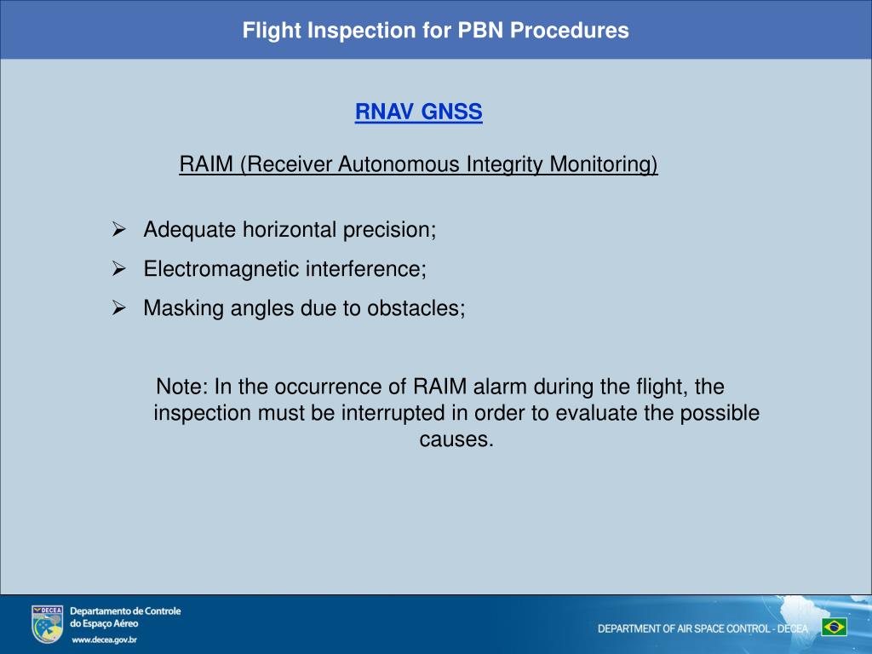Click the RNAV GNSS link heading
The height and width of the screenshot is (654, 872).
[x=418, y=112]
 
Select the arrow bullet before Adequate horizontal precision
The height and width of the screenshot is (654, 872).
[x=119, y=230]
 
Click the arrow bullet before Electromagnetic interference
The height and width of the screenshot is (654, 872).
[x=119, y=269]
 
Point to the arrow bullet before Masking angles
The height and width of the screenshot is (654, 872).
[x=119, y=308]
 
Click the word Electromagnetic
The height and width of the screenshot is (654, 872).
[x=211, y=269]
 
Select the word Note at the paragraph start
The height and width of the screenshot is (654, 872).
[x=181, y=387]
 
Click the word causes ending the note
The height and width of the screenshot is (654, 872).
[x=456, y=440]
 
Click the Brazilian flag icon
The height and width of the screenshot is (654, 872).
[x=834, y=628]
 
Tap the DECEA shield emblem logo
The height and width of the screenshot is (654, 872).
[x=47, y=624]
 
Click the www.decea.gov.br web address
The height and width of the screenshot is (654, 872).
[x=104, y=640]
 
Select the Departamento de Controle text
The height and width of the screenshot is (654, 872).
[x=124, y=611]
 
